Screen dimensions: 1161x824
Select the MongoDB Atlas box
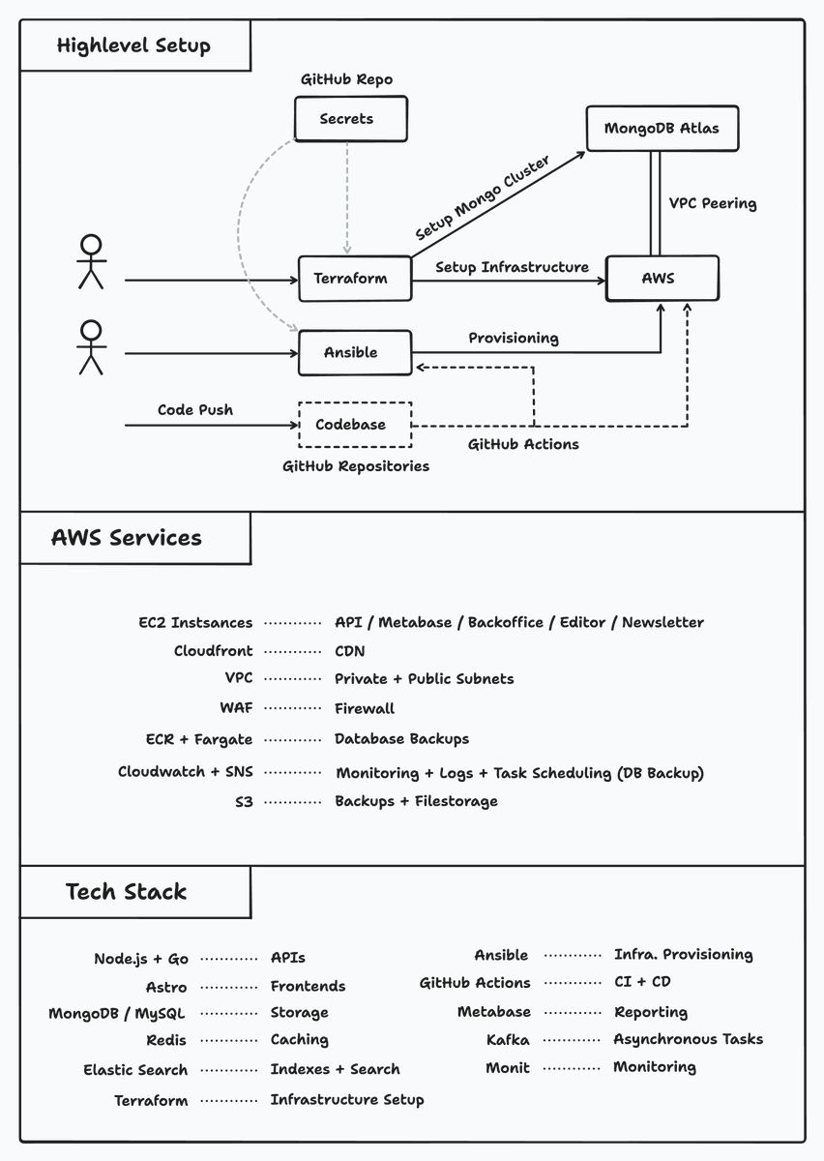pos(662,128)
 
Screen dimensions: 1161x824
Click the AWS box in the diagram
pos(662,278)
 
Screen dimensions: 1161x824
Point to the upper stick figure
pos(91,261)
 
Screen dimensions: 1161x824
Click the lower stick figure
pos(91,347)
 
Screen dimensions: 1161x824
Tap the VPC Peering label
pos(713,203)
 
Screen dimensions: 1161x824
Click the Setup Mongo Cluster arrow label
pos(482,199)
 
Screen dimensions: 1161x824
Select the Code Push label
pos(195,409)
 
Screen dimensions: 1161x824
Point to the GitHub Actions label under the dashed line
pos(523,444)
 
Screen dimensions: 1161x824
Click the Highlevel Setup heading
pos(133,45)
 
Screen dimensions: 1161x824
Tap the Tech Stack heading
pos(126,891)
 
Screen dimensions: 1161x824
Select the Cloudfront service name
pos(213,651)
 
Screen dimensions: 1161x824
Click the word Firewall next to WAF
pos(365,708)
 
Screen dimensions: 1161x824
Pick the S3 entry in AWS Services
pos(244,801)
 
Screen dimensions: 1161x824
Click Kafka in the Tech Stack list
pos(508,1039)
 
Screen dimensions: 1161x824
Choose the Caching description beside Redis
pos(299,1039)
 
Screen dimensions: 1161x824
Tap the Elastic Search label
pos(135,1069)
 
